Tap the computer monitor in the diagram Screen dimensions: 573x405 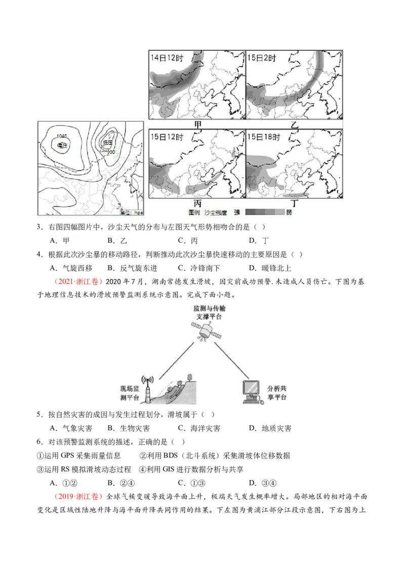pos(254,389)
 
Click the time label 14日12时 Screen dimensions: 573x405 pos(167,58)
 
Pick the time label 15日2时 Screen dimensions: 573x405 pos(262,58)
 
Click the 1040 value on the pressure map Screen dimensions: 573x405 pos(62,136)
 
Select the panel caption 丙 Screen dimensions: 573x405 pos(197,203)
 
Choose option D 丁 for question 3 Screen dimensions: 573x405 pos(261,240)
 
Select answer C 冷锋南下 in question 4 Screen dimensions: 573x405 pos(198,268)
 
